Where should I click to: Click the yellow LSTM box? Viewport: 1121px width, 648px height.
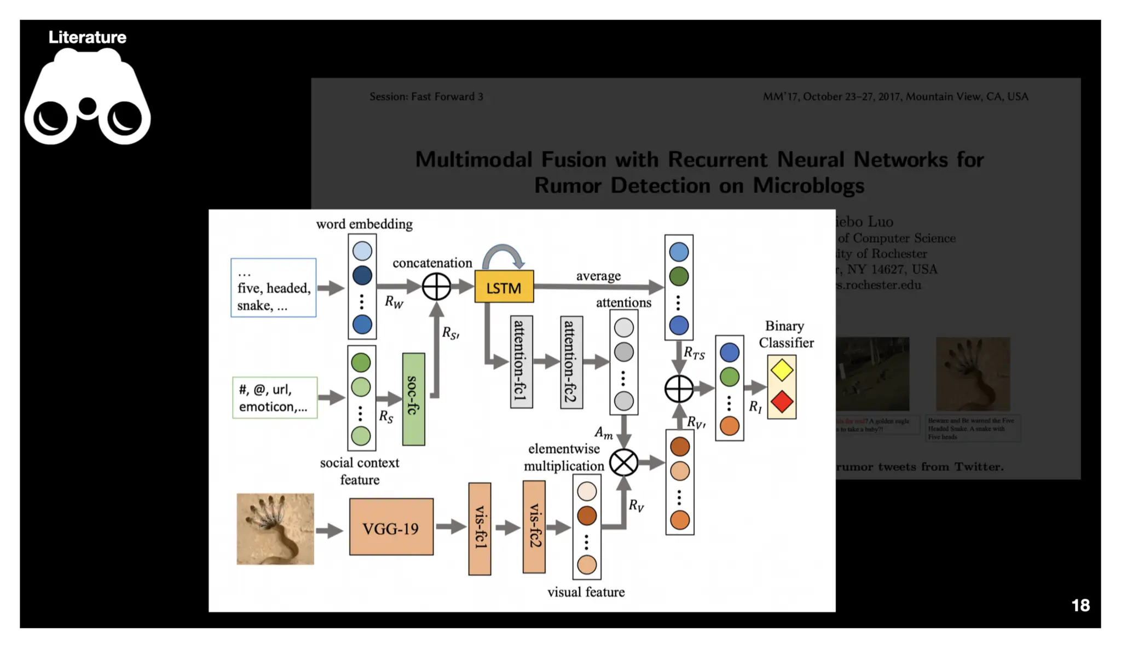click(504, 287)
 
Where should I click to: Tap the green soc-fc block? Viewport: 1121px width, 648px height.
click(413, 399)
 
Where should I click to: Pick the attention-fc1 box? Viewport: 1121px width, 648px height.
click(521, 362)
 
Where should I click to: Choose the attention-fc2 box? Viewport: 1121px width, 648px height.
click(571, 362)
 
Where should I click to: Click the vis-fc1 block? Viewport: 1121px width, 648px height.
click(479, 529)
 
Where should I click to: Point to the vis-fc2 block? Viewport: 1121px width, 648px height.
click(534, 527)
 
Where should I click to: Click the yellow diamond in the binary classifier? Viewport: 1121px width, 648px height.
click(782, 371)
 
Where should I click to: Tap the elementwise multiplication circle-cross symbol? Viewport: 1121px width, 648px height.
click(623, 462)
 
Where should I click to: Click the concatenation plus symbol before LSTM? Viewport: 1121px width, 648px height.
click(436, 287)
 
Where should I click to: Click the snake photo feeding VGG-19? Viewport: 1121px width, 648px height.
click(275, 529)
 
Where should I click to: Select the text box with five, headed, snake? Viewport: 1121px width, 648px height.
click(273, 288)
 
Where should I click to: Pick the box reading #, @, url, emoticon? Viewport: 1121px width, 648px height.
click(274, 398)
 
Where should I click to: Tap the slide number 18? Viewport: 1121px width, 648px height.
click(1080, 605)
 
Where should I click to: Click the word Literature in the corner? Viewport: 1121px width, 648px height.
click(88, 37)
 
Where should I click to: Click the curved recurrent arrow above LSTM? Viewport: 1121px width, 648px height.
click(502, 254)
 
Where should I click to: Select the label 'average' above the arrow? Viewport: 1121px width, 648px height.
click(598, 276)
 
